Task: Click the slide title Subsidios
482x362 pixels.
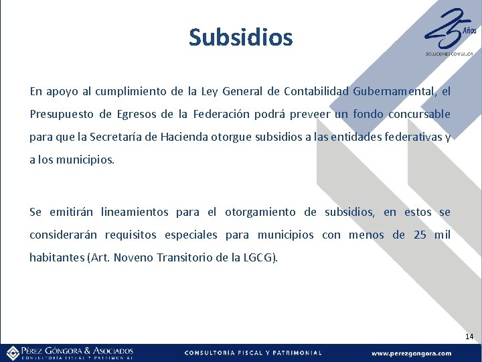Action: [241, 38]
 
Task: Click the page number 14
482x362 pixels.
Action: [469, 336]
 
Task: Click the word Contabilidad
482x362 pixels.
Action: [316, 91]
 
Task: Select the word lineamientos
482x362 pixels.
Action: [135, 213]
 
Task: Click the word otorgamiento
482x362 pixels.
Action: [260, 213]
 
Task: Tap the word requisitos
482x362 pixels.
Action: [112, 235]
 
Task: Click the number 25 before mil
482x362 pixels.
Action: [420, 235]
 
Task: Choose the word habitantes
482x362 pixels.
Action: [57, 258]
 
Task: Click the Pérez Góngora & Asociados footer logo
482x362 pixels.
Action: [70, 353]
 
